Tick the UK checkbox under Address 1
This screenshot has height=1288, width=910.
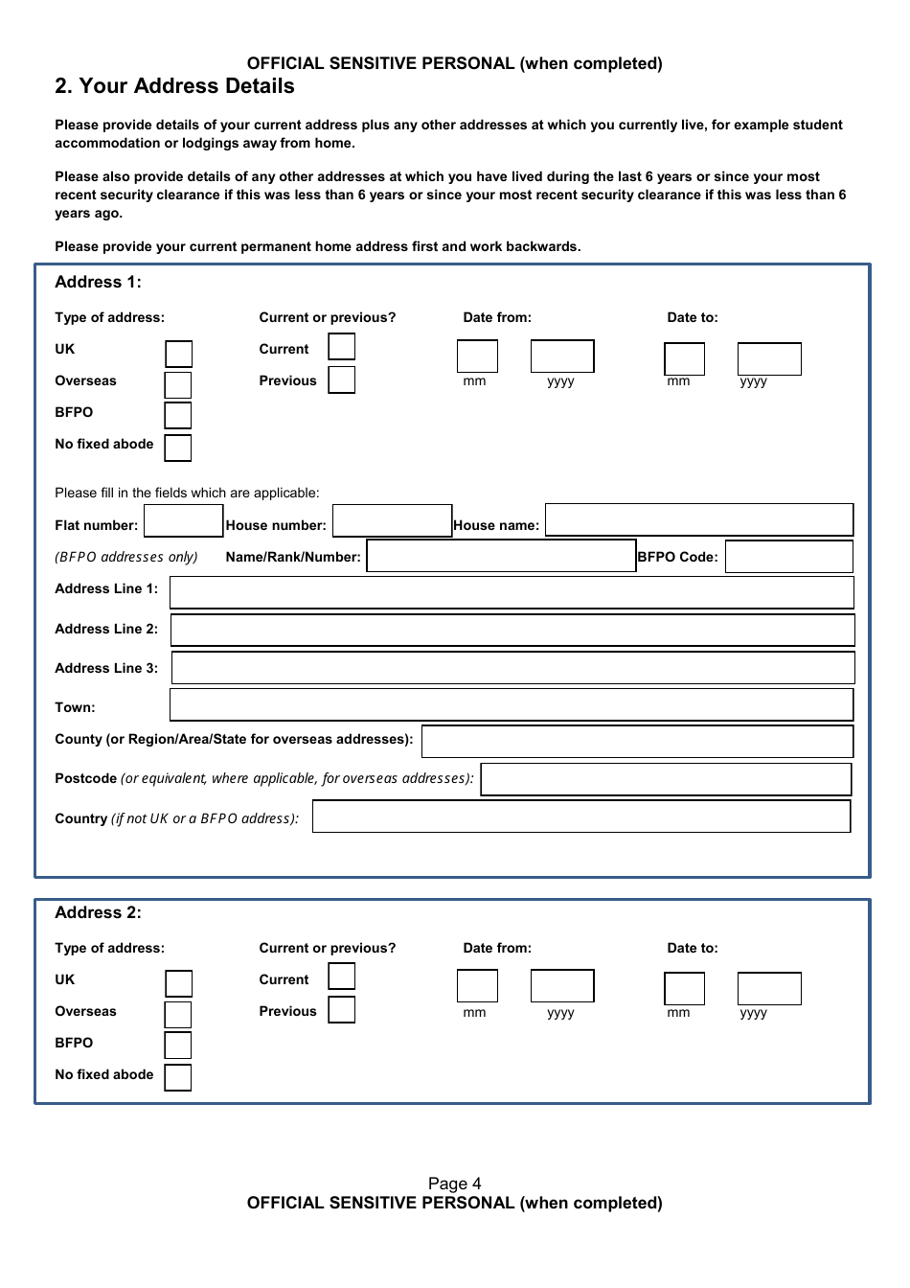(x=178, y=354)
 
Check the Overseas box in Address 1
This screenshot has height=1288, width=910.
(x=178, y=385)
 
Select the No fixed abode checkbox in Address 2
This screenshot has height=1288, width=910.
(x=178, y=1077)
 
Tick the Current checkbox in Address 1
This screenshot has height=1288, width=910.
(x=341, y=347)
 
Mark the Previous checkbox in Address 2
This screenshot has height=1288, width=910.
(x=341, y=1009)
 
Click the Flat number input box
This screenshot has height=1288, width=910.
(x=183, y=521)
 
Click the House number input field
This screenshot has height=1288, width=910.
(x=392, y=521)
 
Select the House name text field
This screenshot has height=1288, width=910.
(x=698, y=520)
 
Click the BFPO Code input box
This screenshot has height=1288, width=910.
(x=788, y=557)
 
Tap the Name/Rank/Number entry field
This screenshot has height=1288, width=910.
(x=501, y=557)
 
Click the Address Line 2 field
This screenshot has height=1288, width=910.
(x=512, y=630)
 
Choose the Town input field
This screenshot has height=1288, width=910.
(x=512, y=704)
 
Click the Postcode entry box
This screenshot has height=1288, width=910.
(x=666, y=779)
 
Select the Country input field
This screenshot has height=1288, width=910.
(x=581, y=816)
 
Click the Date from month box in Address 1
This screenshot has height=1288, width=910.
(x=477, y=356)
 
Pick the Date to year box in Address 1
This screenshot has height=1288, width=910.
(x=769, y=359)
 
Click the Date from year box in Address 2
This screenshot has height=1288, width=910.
(x=562, y=986)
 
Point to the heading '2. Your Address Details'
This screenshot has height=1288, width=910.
(x=174, y=86)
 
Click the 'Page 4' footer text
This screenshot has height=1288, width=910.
(x=454, y=1184)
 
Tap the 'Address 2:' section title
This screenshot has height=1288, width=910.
(x=98, y=912)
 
